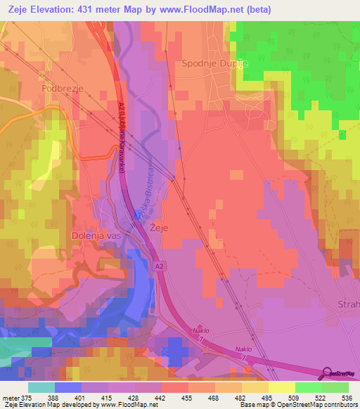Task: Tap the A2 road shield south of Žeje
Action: click(159, 268)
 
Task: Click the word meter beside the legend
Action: click(13, 397)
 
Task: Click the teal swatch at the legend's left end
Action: click(41, 387)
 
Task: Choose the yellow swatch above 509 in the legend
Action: click(281, 387)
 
